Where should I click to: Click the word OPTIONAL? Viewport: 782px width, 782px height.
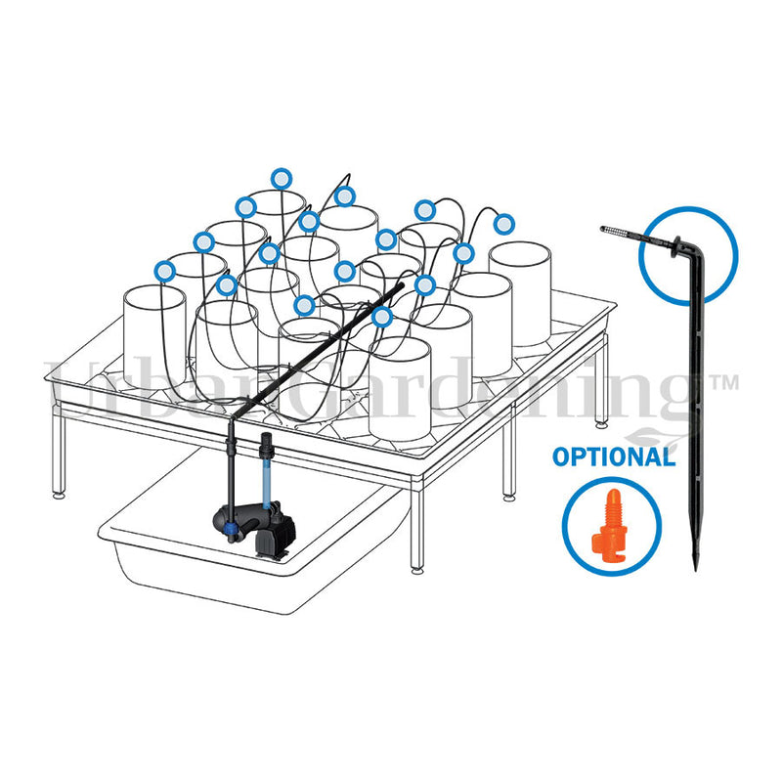pyautogui.click(x=614, y=456)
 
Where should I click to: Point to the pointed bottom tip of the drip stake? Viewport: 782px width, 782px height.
pyautogui.click(x=696, y=568)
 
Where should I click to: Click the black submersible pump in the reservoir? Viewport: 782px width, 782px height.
pyautogui.click(x=254, y=529)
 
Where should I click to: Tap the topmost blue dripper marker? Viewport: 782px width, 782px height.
pyautogui.click(x=282, y=178)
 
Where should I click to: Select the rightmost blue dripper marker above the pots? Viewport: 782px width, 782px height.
pyautogui.click(x=503, y=224)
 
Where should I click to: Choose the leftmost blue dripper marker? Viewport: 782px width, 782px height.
pyautogui.click(x=165, y=272)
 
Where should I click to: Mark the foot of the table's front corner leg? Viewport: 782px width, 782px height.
pyautogui.click(x=418, y=569)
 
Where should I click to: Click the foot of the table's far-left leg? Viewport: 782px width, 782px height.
pyautogui.click(x=59, y=495)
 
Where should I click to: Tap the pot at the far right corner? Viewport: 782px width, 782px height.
pyautogui.click(x=520, y=293)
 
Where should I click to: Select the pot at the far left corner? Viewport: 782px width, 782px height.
pyautogui.click(x=154, y=337)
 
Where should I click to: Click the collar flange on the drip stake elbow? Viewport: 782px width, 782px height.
pyautogui.click(x=677, y=246)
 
